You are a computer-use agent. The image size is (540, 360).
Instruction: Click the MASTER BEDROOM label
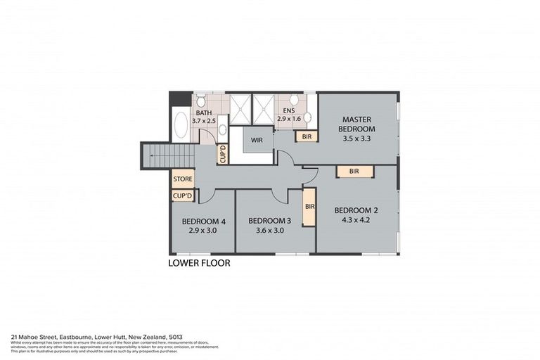coord(356,124)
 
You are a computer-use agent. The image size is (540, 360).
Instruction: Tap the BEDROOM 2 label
coord(356,210)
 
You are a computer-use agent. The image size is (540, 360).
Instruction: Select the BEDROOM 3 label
coord(270,220)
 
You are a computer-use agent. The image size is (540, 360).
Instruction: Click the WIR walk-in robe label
coord(256,139)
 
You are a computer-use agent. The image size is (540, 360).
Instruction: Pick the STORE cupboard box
coord(183,179)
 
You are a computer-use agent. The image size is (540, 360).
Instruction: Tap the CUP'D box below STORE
coord(183,196)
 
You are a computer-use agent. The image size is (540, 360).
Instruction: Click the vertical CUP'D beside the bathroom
coord(223,154)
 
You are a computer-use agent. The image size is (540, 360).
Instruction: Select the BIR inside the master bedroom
coord(307,136)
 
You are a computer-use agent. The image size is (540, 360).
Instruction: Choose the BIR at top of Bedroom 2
coord(354,171)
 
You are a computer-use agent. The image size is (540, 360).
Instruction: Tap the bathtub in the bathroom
coord(181,127)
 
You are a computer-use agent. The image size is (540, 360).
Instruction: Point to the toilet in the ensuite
coord(307,117)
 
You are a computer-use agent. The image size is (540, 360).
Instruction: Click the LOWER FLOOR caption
coord(199,263)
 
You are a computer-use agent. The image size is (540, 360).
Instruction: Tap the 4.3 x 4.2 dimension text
coord(356,220)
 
